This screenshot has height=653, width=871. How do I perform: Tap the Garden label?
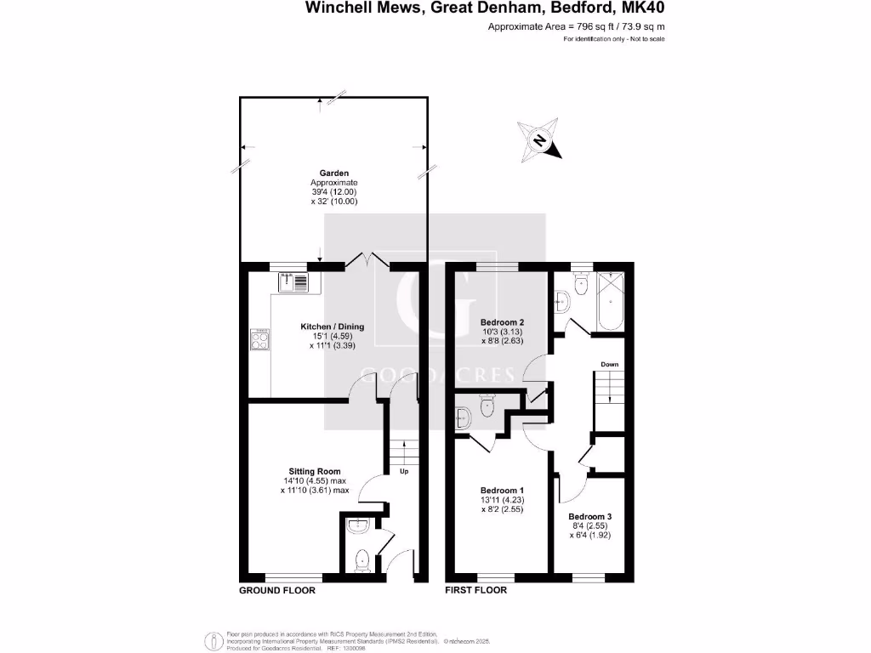click(x=333, y=173)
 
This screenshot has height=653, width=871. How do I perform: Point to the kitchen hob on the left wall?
click(x=260, y=340)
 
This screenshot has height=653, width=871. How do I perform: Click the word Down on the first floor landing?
click(x=609, y=364)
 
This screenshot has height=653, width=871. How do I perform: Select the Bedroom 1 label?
click(x=502, y=491)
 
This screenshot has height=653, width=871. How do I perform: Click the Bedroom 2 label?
click(x=502, y=322)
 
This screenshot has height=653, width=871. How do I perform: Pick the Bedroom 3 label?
click(x=590, y=516)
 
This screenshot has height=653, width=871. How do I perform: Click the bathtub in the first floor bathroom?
click(x=611, y=301)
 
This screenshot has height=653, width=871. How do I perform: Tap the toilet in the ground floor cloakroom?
click(x=362, y=559)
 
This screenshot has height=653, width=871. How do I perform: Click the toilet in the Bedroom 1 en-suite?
click(x=487, y=406)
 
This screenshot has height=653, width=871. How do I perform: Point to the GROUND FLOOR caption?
click(x=277, y=590)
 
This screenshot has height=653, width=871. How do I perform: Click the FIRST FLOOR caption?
click(x=476, y=590)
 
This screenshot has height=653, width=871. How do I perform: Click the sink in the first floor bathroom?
click(x=561, y=300)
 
